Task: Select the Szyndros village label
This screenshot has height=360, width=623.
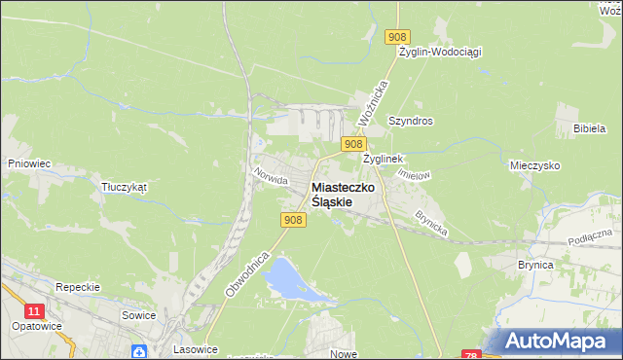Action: pos(410,122)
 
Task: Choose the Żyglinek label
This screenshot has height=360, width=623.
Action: pos(383,158)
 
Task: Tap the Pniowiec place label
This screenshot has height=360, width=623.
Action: pos(28,163)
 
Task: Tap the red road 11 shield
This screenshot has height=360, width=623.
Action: pos(35,310)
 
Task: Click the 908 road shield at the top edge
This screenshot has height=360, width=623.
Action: pos(395,37)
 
